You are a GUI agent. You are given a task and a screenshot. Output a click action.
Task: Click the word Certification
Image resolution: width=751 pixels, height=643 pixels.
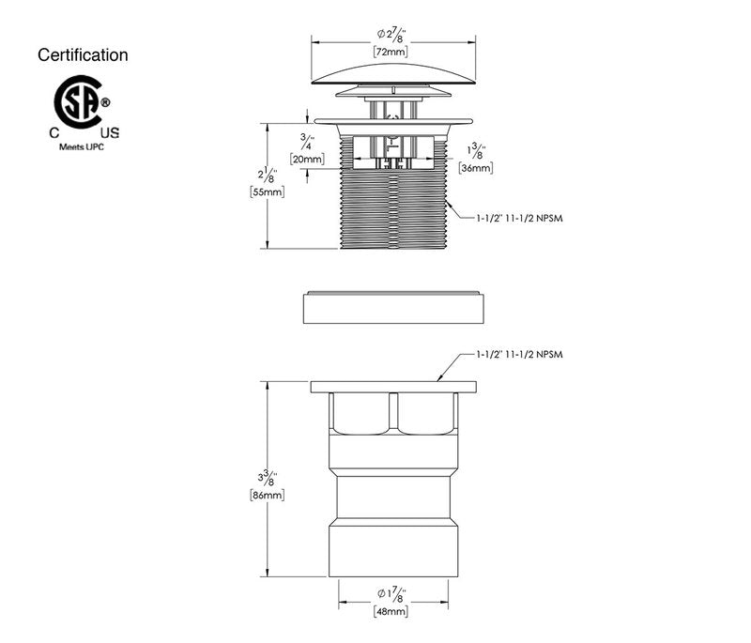(83, 55)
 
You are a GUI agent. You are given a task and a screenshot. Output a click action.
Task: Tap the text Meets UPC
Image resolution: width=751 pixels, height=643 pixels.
(83, 147)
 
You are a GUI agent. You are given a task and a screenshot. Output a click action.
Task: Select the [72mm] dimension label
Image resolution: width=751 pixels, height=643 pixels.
(390, 53)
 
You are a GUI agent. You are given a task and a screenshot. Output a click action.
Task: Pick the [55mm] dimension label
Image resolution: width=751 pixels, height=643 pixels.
(268, 191)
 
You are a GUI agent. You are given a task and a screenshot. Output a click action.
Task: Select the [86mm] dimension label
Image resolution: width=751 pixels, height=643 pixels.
(268, 495)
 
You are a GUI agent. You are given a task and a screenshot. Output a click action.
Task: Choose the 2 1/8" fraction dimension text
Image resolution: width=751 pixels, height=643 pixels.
(268, 173)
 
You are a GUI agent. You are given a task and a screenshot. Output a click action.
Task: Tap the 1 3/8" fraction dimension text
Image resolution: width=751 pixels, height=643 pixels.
(477, 150)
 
